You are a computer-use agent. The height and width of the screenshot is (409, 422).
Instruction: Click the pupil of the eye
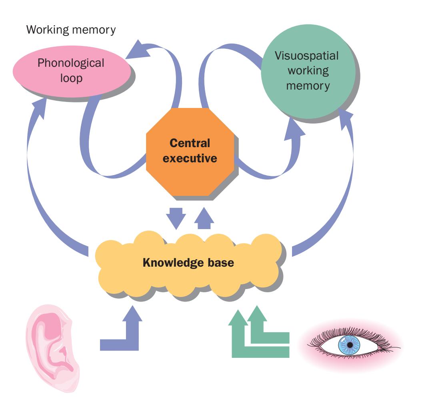[350, 344]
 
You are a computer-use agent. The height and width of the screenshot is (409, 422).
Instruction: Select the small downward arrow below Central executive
[176, 215]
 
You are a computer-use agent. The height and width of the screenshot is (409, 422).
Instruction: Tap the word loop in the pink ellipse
[71, 78]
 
